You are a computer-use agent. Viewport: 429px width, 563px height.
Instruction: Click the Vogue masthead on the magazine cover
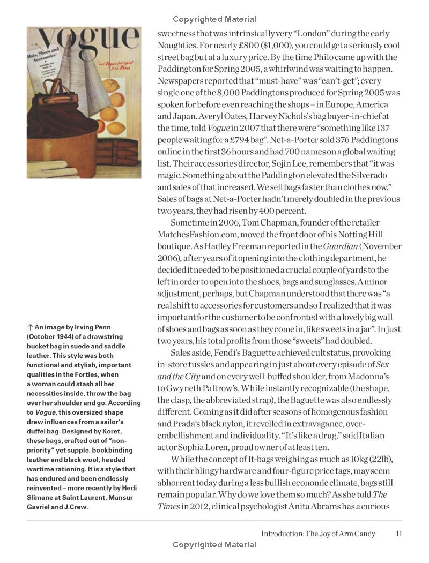click(x=84, y=42)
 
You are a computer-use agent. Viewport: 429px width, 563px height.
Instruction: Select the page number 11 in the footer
click(x=398, y=534)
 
